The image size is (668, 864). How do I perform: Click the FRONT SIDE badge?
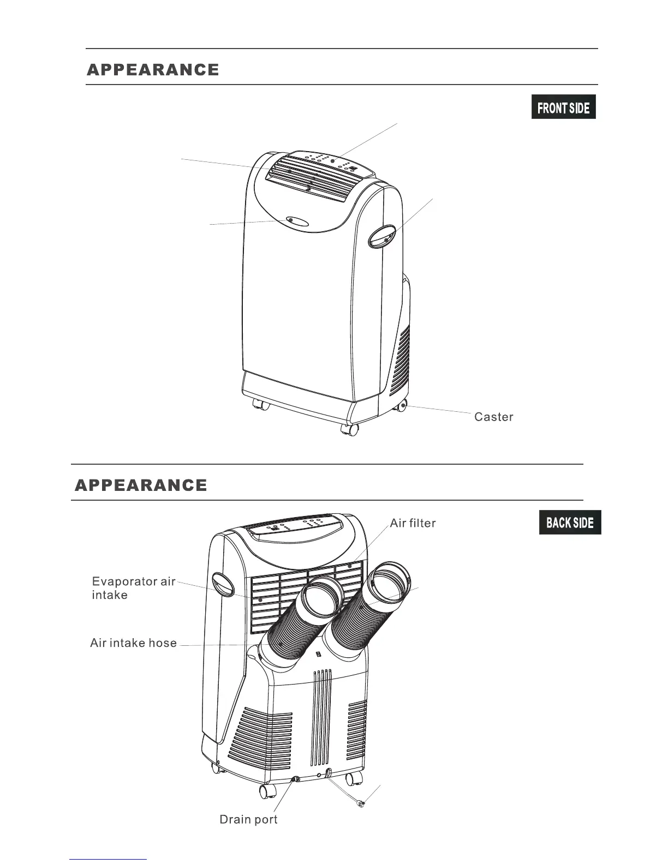click(563, 107)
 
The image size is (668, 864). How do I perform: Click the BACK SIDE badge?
click(570, 523)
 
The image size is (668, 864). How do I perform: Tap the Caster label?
click(493, 417)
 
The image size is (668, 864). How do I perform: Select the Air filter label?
click(413, 523)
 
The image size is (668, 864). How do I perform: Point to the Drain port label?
click(248, 819)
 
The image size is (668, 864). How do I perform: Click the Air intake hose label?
click(133, 643)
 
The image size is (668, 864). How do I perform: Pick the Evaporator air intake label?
click(133, 588)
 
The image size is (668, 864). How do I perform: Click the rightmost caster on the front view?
click(401, 405)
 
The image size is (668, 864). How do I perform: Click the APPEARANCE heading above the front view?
click(153, 70)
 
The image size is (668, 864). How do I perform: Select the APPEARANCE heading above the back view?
click(141, 485)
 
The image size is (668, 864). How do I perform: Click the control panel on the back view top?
click(295, 526)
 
